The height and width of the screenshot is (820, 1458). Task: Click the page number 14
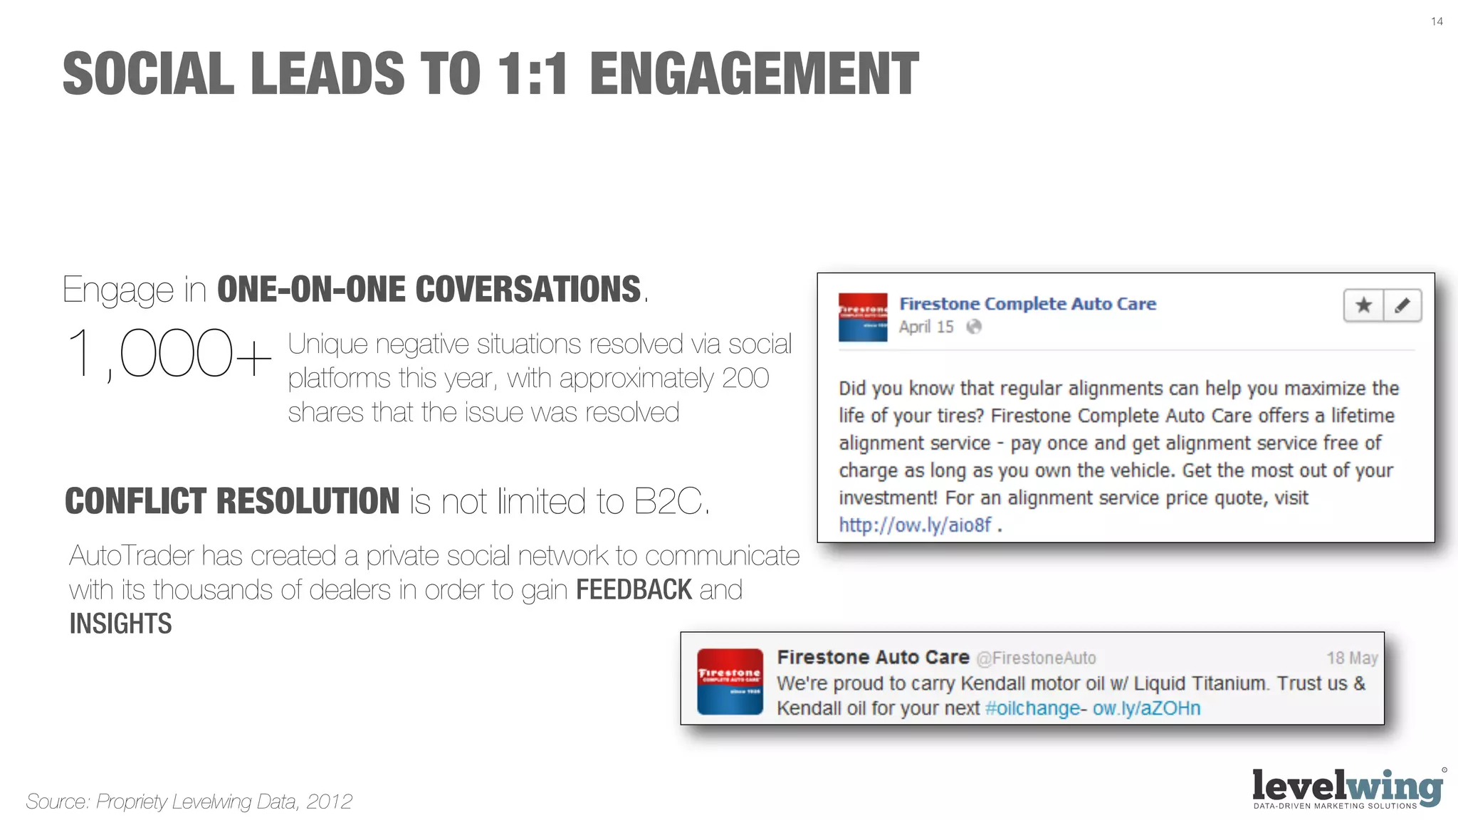click(x=1437, y=21)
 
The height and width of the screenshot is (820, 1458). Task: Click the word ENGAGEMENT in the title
click(x=754, y=74)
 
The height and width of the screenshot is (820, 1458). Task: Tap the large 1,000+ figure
click(x=168, y=354)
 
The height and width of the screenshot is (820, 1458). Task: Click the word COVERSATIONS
click(x=528, y=290)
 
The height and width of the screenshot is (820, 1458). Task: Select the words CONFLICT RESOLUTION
click(x=232, y=501)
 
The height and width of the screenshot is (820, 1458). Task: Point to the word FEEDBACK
click(x=634, y=590)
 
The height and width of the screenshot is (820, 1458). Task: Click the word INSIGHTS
click(x=120, y=624)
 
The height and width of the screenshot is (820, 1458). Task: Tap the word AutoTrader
click(x=132, y=556)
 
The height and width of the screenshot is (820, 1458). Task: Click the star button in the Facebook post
click(x=1363, y=306)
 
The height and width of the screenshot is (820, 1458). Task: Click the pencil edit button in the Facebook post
click(x=1402, y=306)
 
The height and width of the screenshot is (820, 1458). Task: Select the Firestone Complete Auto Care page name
click(x=1027, y=304)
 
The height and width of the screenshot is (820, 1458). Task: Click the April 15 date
click(x=925, y=327)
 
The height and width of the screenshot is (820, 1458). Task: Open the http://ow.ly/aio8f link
click(x=915, y=525)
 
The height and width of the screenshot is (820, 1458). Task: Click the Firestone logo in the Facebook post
click(x=863, y=317)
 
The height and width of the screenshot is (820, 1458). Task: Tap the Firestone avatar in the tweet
click(x=730, y=681)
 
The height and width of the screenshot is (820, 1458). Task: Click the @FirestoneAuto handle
click(x=1036, y=658)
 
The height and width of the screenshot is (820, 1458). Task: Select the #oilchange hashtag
click(x=1032, y=708)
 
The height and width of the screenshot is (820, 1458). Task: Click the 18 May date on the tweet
click(x=1351, y=658)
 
